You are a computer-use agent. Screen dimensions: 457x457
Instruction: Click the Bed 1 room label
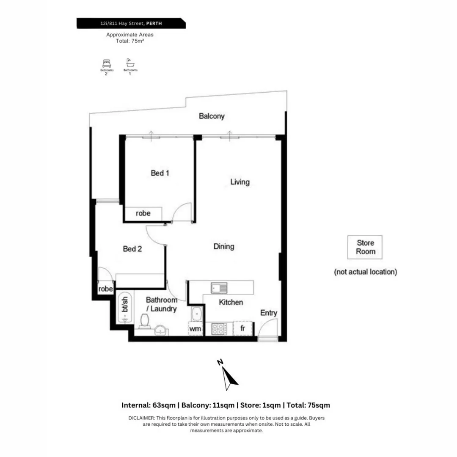coord(160,173)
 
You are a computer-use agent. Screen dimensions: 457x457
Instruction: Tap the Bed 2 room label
coord(132,249)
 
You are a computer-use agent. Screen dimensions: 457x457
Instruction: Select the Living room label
coord(240,182)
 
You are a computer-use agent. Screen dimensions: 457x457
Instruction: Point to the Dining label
coord(224,246)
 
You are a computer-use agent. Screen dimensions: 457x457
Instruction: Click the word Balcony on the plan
coord(212,116)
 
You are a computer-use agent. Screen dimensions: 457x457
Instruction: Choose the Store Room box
coord(365,247)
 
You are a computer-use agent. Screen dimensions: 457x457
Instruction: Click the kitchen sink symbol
coord(219,288)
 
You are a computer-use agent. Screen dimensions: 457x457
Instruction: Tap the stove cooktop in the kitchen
coord(220,329)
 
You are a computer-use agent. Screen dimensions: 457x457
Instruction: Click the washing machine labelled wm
coord(195,329)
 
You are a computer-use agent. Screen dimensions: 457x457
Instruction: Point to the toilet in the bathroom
coord(144,322)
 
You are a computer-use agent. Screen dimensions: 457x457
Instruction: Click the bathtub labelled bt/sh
coord(124,307)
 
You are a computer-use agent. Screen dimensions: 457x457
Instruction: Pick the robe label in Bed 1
coord(143,213)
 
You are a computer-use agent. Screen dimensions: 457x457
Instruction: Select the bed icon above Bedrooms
coord(106,63)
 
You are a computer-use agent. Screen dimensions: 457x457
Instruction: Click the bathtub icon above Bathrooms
coord(129,63)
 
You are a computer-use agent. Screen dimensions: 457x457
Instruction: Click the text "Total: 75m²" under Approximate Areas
coord(130,41)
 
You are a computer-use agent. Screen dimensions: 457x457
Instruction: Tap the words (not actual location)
coord(365,272)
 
